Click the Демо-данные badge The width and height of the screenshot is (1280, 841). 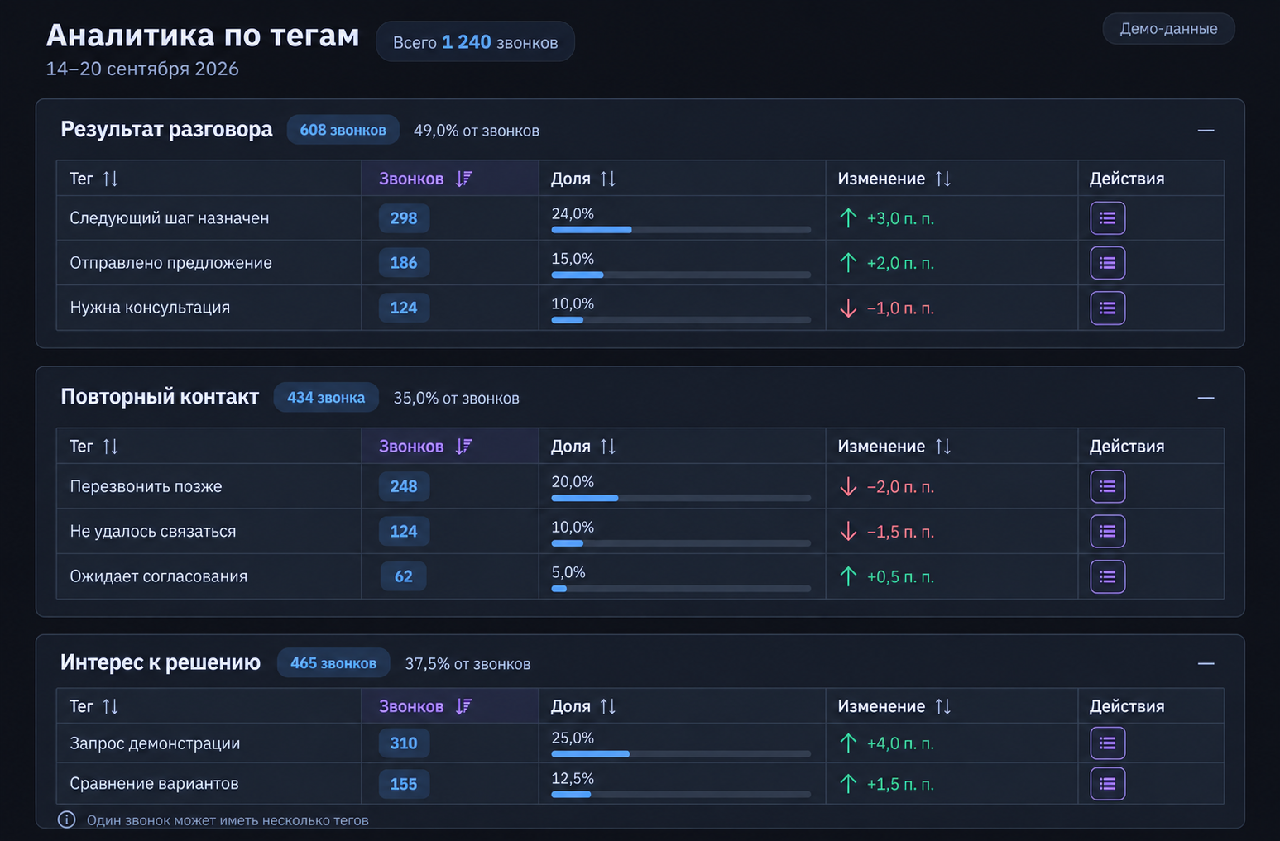(1168, 29)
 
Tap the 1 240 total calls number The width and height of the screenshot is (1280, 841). (467, 41)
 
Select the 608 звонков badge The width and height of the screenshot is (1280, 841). (343, 130)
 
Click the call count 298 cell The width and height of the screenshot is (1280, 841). (404, 218)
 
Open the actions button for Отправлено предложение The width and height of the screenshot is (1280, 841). (1107, 263)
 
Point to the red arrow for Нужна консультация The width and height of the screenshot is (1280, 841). (848, 308)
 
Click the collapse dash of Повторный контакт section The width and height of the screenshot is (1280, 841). (1206, 398)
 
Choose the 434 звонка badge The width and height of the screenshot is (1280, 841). (326, 398)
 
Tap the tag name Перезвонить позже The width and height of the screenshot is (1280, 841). (146, 486)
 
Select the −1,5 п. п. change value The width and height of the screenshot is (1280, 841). (900, 532)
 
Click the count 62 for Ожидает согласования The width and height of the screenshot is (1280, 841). (404, 576)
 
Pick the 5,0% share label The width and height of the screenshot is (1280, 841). (568, 572)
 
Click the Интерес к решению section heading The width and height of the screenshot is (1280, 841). (160, 662)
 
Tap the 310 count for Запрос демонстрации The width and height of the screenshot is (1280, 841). (404, 743)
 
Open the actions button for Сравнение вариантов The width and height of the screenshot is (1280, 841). (1107, 784)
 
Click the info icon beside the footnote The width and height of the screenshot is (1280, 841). (66, 819)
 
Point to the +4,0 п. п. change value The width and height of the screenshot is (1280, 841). (900, 743)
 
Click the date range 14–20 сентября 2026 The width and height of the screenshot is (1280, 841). (142, 69)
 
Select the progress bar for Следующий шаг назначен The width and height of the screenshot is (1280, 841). (681, 230)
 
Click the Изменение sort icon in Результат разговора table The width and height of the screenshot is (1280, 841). (943, 179)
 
